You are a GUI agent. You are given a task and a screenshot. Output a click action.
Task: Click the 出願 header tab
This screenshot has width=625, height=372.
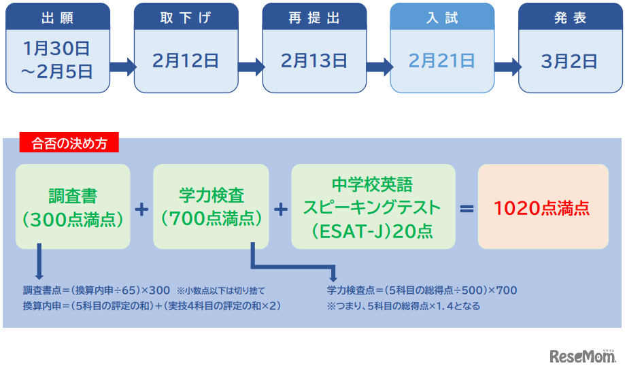click(x=58, y=18)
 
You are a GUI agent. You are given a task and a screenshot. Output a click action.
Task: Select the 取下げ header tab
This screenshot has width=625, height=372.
click(x=186, y=18)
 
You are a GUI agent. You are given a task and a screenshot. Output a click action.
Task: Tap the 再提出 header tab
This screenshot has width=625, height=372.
click(x=314, y=18)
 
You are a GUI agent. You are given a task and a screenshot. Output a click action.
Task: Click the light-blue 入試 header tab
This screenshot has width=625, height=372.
click(x=442, y=18)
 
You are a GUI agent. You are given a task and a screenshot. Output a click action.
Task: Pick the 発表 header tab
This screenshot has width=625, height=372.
click(x=570, y=18)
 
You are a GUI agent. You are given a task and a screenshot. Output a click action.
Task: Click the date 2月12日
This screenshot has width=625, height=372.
click(x=186, y=61)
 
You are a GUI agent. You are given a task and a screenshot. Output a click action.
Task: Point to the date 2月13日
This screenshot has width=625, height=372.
click(x=314, y=61)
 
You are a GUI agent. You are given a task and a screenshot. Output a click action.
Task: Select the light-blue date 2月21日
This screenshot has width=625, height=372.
click(x=442, y=61)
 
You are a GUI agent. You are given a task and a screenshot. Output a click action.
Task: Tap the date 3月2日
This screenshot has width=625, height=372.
click(x=570, y=61)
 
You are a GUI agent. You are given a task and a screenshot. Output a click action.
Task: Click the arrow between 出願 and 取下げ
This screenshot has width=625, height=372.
click(x=122, y=66)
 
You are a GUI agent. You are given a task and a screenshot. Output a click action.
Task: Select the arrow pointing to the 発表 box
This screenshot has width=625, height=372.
click(x=507, y=66)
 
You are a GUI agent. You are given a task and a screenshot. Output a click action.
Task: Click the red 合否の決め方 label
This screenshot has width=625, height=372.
click(x=69, y=143)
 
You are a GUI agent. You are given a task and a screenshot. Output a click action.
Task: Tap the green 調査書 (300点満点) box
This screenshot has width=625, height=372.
click(x=73, y=207)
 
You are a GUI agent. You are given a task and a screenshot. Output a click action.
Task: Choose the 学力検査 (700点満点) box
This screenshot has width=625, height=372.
click(x=211, y=207)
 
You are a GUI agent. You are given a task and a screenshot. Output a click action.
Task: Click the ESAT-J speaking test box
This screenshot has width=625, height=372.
click(x=373, y=207)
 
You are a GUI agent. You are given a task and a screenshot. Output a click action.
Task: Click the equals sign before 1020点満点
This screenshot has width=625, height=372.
click(x=467, y=208)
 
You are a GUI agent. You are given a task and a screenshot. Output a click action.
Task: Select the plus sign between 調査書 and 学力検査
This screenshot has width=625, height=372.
click(x=141, y=208)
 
